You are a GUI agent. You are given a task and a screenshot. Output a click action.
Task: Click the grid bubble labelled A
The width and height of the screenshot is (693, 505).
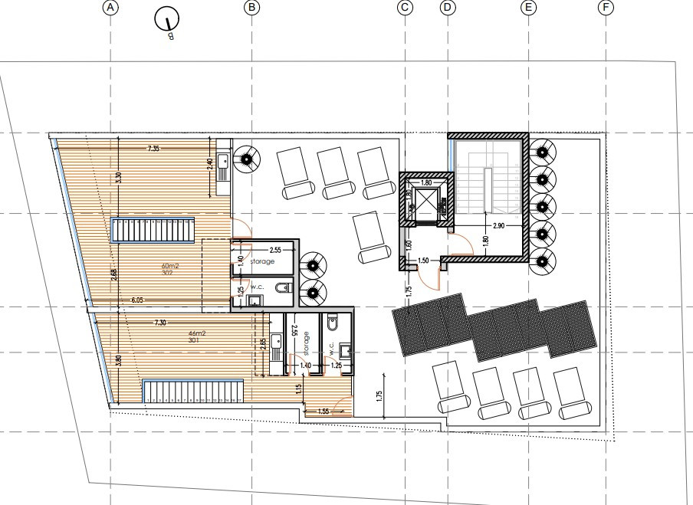click(112, 8)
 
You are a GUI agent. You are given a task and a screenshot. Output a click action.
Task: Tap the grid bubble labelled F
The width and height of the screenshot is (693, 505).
click(606, 8)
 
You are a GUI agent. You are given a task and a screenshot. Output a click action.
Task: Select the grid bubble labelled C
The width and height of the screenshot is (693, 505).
click(405, 8)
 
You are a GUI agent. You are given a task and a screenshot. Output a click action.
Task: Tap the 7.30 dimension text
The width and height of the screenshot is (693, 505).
click(159, 323)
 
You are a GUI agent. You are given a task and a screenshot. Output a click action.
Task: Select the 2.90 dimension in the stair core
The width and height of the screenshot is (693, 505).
click(498, 226)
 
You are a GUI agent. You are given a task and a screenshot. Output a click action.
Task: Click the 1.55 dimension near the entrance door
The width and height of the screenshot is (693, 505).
click(324, 412)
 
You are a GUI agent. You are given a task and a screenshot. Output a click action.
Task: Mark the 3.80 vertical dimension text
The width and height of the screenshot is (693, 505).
click(119, 360)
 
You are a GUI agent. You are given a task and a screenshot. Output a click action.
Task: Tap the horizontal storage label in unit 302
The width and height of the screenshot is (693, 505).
click(262, 261)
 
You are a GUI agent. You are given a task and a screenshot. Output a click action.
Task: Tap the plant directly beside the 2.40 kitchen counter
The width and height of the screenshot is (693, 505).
click(247, 159)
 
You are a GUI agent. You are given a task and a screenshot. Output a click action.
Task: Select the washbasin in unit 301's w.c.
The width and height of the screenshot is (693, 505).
click(346, 352)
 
